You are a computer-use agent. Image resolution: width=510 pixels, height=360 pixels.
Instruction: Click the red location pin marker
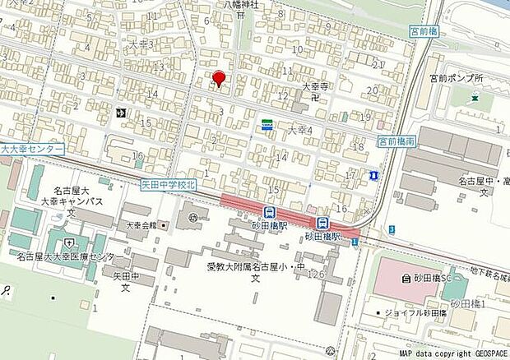218,78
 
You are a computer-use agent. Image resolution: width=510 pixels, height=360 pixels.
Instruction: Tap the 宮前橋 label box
424,31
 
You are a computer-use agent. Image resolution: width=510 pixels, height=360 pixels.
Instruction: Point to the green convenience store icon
267,124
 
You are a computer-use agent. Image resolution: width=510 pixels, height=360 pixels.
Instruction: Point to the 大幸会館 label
140,224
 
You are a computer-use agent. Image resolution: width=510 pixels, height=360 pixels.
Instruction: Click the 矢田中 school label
122,276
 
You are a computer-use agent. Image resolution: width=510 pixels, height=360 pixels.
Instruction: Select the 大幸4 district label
298,130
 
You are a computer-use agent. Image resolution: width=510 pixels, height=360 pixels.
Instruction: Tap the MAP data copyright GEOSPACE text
452,353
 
